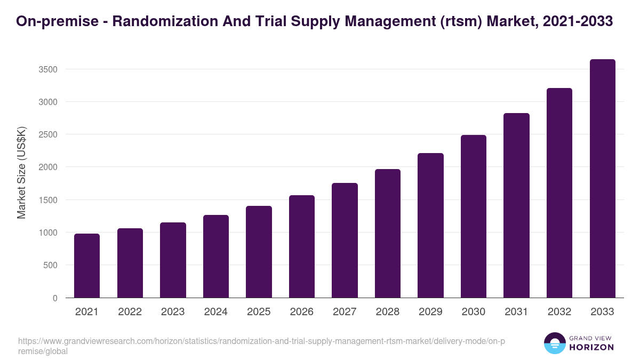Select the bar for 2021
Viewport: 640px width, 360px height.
pos(87,266)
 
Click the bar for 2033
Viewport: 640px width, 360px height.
pos(602,179)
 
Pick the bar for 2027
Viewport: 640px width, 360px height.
pos(345,241)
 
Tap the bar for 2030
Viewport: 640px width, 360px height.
pos(474,217)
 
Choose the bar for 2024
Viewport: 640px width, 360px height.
pos(216,257)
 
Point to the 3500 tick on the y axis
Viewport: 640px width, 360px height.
pos(49,69)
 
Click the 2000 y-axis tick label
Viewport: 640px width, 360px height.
pos(49,167)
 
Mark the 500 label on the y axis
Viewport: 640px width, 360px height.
pos(51,266)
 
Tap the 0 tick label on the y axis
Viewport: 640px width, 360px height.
pos(55,298)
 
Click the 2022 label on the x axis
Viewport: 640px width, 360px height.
pos(130,312)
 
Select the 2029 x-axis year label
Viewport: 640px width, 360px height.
pos(430,312)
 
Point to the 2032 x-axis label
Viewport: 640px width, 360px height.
pos(559,312)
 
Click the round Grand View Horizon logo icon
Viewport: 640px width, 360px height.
pos(555,343)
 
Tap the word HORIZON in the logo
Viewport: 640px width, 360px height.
pos(591,347)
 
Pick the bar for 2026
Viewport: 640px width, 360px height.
pos(302,246)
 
